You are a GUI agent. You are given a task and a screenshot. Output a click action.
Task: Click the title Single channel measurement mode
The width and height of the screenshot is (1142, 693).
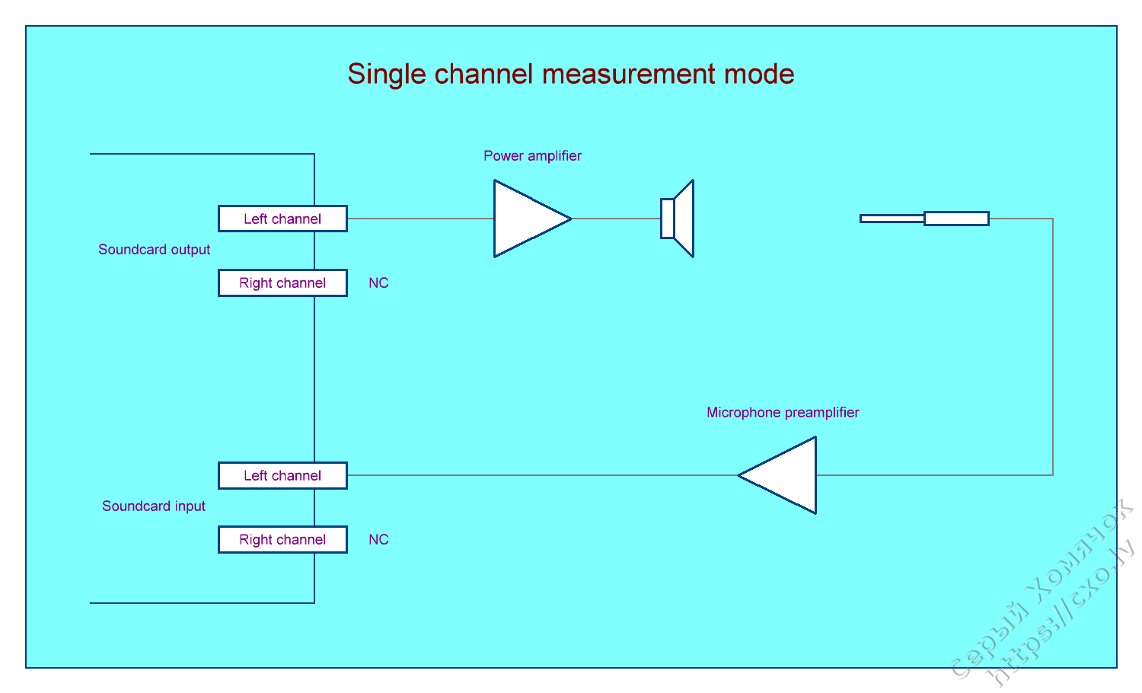571,74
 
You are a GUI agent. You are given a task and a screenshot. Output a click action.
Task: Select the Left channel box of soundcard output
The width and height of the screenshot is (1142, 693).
282,219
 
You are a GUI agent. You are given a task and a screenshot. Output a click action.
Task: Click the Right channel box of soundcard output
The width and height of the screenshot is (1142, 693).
282,283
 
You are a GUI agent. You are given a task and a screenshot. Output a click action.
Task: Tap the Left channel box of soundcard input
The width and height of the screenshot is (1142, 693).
282,475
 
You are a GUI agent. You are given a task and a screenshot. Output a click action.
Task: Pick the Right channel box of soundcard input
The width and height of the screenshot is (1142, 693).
282,539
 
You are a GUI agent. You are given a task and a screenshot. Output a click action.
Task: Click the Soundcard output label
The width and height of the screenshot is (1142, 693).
154,250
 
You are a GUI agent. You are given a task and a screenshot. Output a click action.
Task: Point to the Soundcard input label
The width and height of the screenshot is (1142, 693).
154,506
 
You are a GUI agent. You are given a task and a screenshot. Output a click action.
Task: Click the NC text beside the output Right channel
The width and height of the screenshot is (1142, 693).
378,283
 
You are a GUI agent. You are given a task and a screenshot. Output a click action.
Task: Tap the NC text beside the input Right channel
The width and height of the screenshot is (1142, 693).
378,540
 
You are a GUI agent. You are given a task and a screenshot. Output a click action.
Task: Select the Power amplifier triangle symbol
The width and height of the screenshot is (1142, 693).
525,219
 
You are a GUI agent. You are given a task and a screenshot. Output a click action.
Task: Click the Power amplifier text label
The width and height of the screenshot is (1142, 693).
532,156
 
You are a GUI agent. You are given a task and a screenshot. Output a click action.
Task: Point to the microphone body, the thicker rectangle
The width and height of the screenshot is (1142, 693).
956,219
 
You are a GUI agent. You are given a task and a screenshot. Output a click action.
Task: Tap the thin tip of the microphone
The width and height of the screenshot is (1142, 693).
892,219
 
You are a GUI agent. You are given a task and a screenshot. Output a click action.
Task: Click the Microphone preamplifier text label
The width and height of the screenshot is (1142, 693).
783,413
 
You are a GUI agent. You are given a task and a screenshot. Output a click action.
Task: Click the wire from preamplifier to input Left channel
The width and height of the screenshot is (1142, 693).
541,475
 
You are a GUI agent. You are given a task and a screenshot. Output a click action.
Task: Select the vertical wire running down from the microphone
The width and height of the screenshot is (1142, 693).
1053,346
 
